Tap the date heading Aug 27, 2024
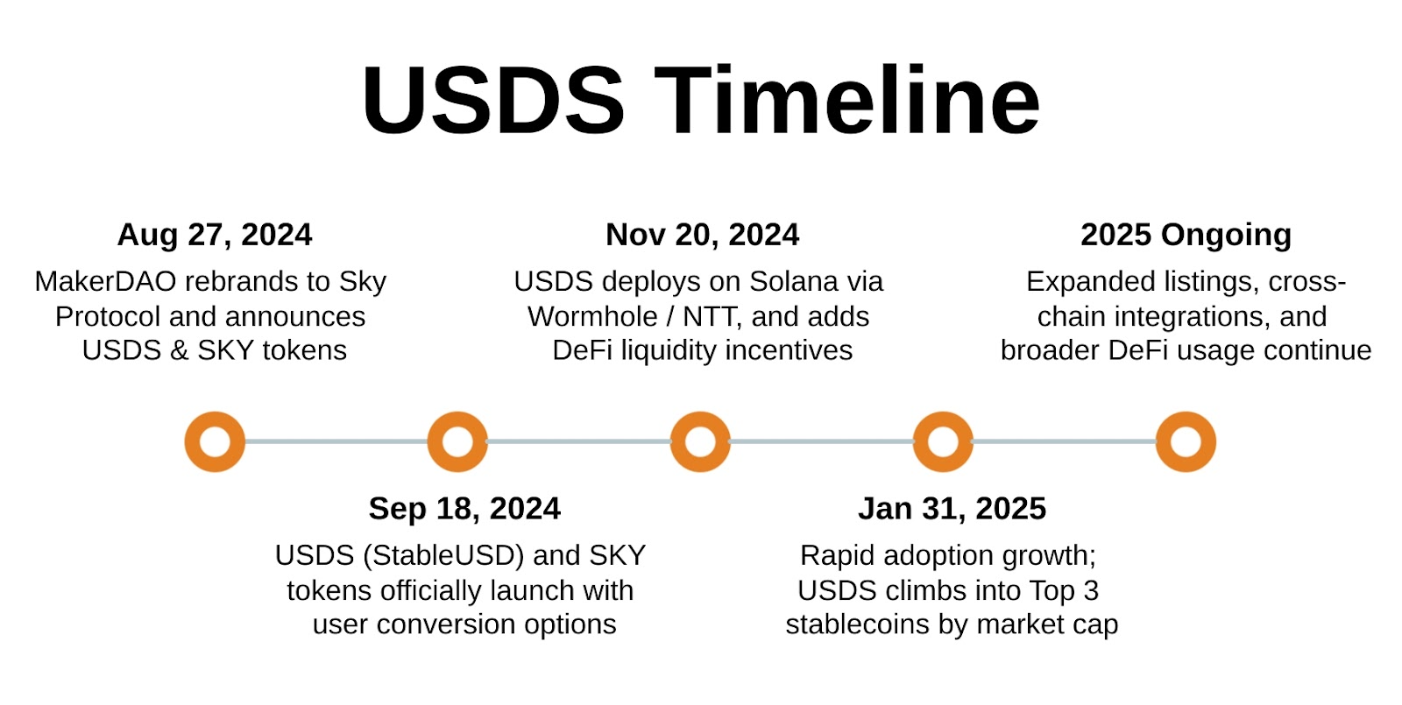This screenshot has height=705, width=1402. [215, 236]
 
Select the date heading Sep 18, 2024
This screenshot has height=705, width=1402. [464, 509]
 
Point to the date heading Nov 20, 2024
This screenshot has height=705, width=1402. [702, 236]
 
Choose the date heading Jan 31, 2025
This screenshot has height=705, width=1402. [952, 509]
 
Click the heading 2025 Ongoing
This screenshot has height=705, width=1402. [1186, 236]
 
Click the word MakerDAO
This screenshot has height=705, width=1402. [105, 282]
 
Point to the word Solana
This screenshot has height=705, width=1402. [795, 282]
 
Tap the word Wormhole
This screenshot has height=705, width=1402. [592, 317]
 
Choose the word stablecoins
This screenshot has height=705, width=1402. [858, 624]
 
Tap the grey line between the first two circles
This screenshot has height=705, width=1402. [336, 441]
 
